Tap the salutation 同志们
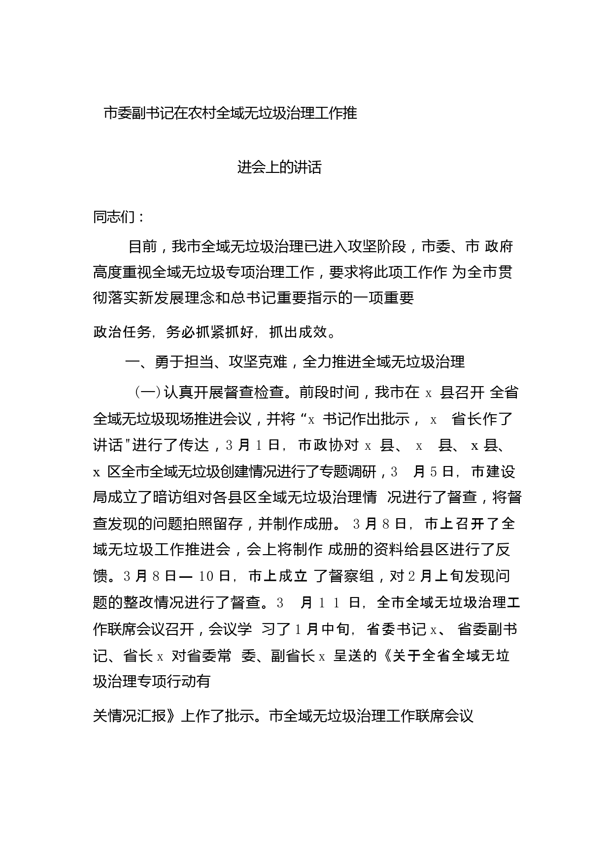(114, 217)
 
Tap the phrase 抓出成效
(298, 332)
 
